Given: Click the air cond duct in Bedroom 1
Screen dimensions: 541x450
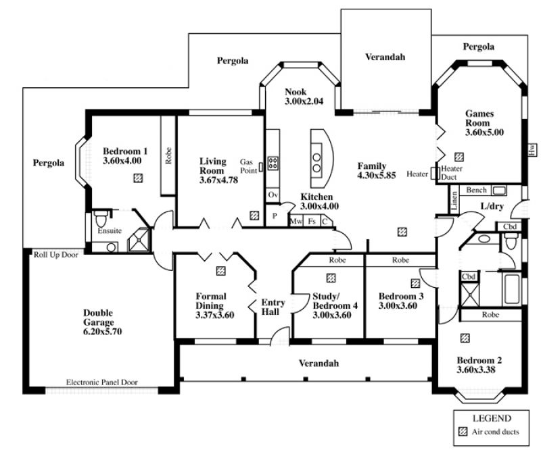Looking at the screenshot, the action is [x=138, y=178].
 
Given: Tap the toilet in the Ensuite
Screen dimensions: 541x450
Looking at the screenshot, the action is [x=101, y=218].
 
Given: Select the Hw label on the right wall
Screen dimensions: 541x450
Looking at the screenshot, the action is [x=532, y=149].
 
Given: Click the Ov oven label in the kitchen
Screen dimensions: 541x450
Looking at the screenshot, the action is [x=273, y=195].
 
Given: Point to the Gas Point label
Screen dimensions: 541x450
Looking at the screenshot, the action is [x=248, y=166].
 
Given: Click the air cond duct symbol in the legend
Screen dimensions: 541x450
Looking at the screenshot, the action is [x=463, y=432].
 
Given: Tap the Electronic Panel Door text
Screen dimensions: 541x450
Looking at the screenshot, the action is [x=102, y=382].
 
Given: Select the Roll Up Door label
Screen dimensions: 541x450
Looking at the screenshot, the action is [x=55, y=255].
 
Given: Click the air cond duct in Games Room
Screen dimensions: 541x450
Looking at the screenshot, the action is [x=459, y=157].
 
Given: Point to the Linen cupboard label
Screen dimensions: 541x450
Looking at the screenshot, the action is [x=454, y=201].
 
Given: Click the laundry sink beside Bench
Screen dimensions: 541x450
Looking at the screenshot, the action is [x=499, y=191].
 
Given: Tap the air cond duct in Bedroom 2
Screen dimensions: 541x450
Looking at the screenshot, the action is [x=465, y=338].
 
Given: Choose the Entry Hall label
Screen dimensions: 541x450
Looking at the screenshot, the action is [x=273, y=307].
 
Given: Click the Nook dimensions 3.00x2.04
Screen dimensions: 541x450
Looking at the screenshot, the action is [x=304, y=101].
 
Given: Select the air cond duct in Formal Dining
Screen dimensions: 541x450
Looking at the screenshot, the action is [x=221, y=271].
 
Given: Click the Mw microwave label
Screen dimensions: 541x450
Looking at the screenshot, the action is [x=296, y=222].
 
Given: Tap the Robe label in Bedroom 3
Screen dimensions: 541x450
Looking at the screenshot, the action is [x=400, y=260].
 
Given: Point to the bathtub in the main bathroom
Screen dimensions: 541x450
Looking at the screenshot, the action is [x=512, y=289].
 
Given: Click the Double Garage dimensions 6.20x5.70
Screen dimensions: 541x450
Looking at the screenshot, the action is [x=103, y=331].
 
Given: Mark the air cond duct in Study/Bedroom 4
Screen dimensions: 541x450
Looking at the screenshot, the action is [x=331, y=278].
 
